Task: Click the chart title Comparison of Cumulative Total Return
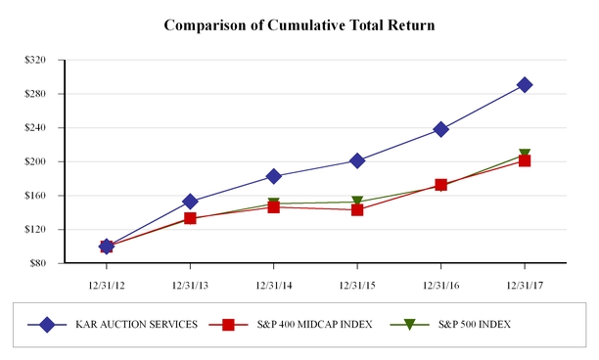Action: (299, 25)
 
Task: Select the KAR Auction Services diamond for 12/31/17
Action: (525, 85)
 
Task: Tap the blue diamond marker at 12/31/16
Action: (440, 129)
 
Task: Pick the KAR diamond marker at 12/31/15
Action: (357, 160)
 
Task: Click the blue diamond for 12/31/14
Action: (273, 176)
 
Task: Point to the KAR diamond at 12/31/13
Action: (190, 202)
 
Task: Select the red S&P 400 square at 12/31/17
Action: (525, 160)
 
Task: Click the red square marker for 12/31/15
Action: (357, 209)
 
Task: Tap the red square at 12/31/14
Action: (273, 207)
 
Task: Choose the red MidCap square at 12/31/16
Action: (440, 185)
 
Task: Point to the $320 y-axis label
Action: (35, 60)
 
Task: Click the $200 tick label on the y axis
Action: (35, 161)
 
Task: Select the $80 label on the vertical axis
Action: (38, 263)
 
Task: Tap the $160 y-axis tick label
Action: (35, 196)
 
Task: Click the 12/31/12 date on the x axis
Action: (107, 286)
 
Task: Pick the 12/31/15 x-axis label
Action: (357, 286)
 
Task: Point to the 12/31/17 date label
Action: (525, 286)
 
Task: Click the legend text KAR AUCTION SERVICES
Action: (136, 325)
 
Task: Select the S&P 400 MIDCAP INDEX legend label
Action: (314, 325)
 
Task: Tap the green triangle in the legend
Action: (409, 325)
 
